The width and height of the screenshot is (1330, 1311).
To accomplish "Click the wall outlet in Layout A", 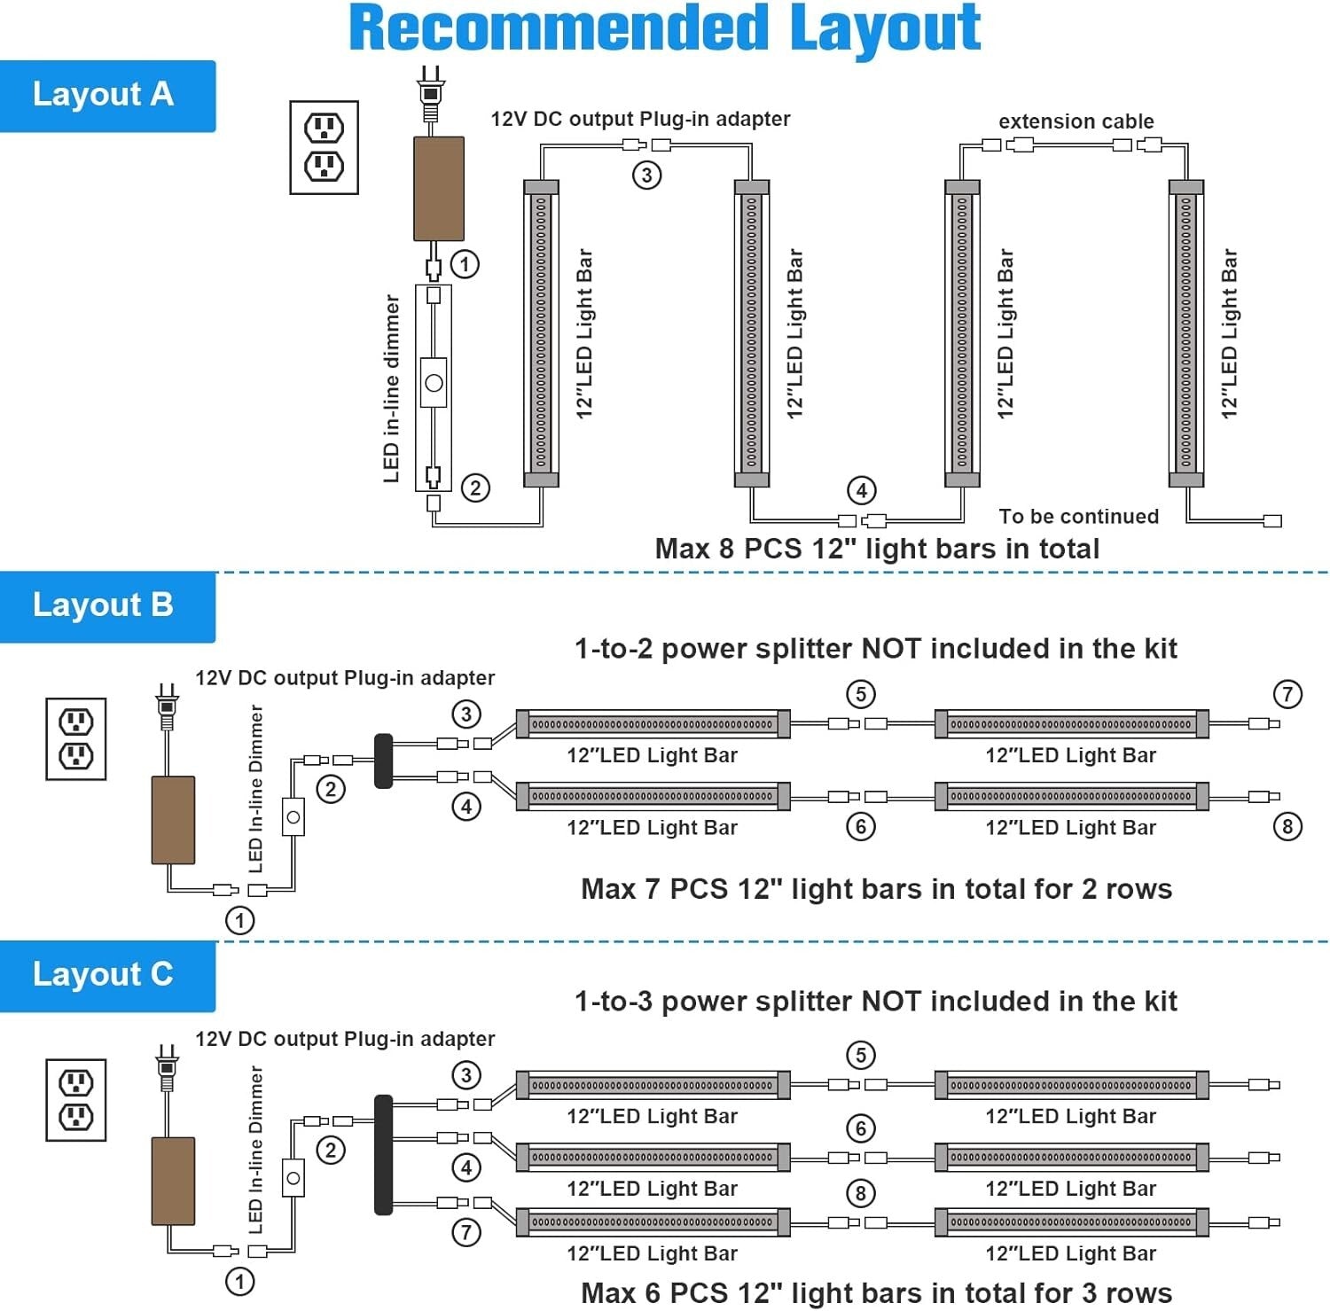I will tap(325, 147).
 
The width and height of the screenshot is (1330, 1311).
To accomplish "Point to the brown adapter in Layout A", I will tap(439, 188).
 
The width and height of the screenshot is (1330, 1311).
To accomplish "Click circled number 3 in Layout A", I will tap(647, 175).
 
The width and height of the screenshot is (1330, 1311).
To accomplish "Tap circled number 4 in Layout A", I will tap(862, 490).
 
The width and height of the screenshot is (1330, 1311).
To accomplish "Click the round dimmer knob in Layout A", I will tap(434, 383).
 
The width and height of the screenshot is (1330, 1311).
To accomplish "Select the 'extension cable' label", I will tap(1076, 121).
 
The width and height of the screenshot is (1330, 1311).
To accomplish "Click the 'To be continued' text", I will tap(1078, 517).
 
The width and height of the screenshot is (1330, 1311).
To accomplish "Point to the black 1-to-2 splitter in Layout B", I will tap(384, 761).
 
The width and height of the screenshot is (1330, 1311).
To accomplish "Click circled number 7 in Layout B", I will tap(1287, 694).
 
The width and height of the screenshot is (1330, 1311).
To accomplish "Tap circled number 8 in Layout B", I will tap(1287, 827).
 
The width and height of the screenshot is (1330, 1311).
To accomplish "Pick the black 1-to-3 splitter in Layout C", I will tap(383, 1154).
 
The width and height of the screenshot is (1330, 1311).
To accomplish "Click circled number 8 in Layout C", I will tap(860, 1193).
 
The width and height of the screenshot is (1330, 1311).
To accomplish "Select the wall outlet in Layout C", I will tap(76, 1099).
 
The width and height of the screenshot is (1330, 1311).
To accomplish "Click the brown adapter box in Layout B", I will tap(173, 820).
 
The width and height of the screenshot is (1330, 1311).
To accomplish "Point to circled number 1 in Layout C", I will tap(239, 1281).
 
